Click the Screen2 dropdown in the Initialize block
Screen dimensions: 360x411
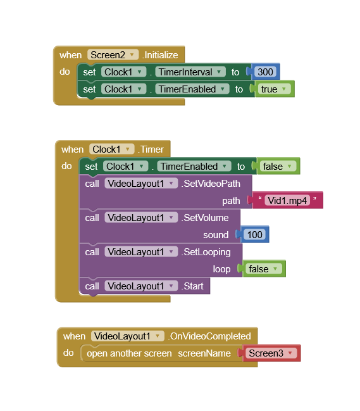(x=113, y=55)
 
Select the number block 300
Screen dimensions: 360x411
(x=265, y=72)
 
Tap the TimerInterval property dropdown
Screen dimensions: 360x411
(x=190, y=72)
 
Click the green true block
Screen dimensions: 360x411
(x=274, y=89)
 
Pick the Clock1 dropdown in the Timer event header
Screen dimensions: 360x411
(x=111, y=149)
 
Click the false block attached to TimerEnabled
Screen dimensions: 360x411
(x=278, y=166)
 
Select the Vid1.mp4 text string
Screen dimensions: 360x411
(x=287, y=201)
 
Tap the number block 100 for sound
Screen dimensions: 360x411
(x=254, y=234)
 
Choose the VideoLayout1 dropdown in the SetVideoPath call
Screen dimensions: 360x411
(x=141, y=184)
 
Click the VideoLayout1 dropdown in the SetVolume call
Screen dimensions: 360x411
(x=141, y=218)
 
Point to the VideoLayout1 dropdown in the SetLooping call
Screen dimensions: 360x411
(x=141, y=252)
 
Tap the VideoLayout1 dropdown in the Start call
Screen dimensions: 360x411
(x=141, y=286)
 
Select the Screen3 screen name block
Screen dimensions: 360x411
(x=271, y=353)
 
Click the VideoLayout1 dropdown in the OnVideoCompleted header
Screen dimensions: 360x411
(x=128, y=336)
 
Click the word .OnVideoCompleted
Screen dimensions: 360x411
(x=209, y=336)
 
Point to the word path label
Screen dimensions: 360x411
(x=231, y=201)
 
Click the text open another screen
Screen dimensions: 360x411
(x=129, y=353)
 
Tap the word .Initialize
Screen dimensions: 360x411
(x=160, y=55)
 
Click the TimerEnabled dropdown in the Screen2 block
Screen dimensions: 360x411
(x=192, y=89)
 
